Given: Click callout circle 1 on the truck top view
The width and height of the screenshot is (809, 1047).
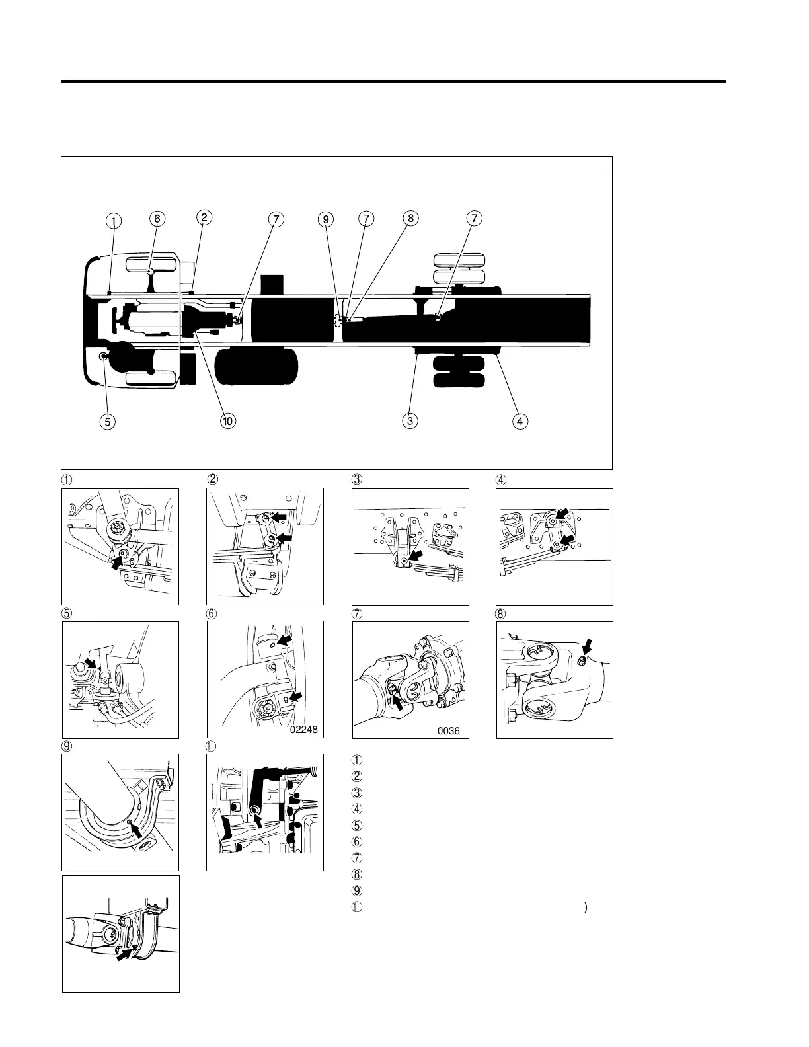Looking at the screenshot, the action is tap(114, 220).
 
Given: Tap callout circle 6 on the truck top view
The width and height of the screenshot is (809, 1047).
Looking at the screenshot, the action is tap(157, 218).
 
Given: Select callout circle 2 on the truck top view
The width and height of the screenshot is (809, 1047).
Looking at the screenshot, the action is tap(204, 217).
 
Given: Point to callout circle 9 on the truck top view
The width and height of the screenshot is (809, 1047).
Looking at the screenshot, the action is tap(326, 219).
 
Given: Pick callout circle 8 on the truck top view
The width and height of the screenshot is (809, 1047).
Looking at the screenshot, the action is tap(410, 218).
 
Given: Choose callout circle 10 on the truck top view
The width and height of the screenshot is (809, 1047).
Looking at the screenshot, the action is tap(229, 420).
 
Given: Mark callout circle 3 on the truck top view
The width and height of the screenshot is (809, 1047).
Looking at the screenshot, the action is tap(411, 420).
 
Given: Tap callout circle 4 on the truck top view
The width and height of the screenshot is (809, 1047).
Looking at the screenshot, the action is tap(521, 420).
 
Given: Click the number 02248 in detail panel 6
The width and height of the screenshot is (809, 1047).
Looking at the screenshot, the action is tap(303, 730).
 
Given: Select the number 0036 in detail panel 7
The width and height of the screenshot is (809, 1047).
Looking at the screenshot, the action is tap(448, 732).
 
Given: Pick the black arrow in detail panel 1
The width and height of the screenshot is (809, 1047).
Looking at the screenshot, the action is tap(117, 562).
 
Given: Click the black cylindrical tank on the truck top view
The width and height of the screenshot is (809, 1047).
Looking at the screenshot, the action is tap(257, 366).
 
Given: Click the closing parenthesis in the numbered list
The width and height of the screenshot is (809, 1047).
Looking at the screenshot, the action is tap(586, 908).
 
